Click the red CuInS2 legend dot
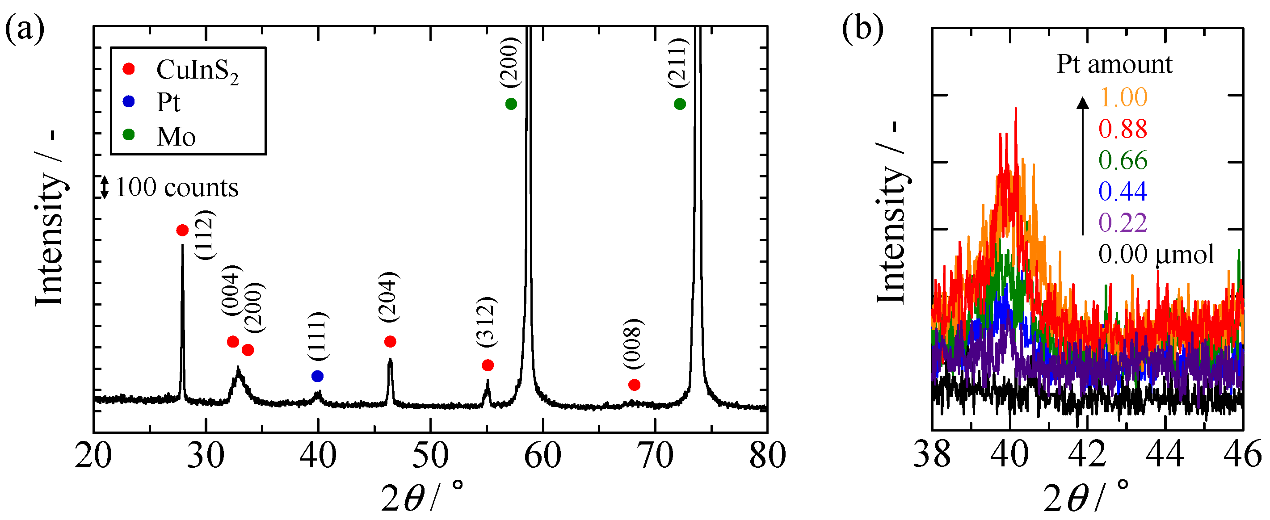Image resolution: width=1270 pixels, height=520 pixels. click(129, 68)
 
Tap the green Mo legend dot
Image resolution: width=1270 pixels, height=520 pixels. click(129, 134)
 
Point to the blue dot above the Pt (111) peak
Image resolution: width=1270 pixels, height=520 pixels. click(317, 376)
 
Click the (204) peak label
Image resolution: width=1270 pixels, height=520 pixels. click(389, 297)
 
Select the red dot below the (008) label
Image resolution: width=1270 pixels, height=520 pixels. click(634, 385)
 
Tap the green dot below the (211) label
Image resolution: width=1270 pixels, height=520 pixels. click(679, 104)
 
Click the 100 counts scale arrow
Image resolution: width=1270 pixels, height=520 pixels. click(105, 187)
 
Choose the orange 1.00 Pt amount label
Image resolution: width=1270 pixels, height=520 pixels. click(1123, 97)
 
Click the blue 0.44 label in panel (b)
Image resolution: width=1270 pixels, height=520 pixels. click(1123, 191)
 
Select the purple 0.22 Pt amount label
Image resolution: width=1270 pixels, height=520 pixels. click(1123, 223)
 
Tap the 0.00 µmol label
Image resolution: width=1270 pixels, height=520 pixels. click(1156, 255)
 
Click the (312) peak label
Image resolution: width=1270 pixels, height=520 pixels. click(486, 322)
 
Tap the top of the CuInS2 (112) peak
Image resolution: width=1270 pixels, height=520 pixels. click(182, 245)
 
